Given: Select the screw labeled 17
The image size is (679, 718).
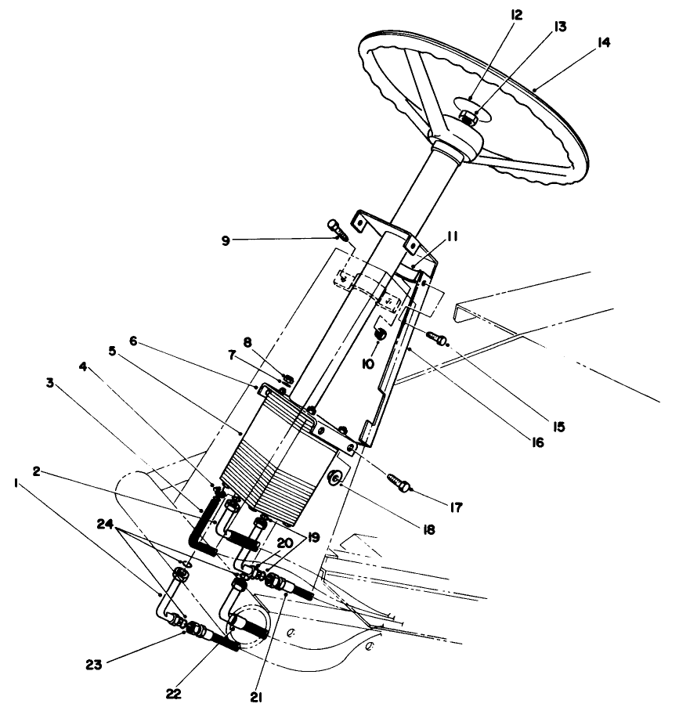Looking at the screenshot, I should tap(398, 482).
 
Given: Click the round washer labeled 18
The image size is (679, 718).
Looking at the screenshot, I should tap(335, 480).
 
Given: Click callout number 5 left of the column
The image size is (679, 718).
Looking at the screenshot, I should tap(112, 352).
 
